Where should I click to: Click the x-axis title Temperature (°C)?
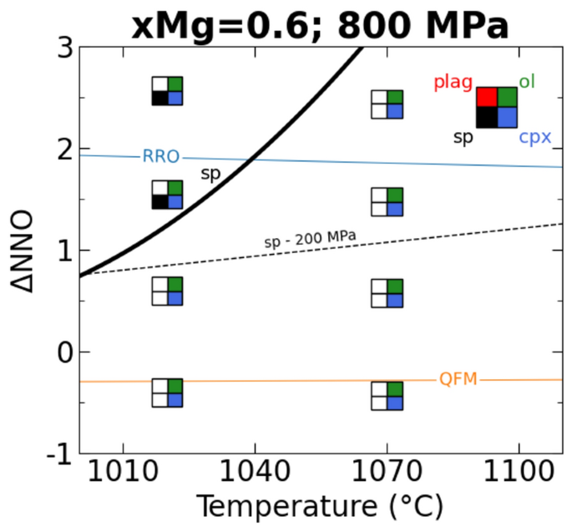coord(320,506)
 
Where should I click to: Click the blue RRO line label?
coord(160,156)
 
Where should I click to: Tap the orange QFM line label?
coord(458,380)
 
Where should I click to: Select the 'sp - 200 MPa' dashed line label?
coord(310,240)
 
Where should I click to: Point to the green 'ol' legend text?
coord(527,81)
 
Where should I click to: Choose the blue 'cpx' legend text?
coord(534,136)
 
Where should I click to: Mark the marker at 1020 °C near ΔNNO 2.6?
coord(167,91)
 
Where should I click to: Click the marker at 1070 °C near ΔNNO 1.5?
coord(387,202)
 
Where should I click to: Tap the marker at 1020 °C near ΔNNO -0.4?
coord(167,393)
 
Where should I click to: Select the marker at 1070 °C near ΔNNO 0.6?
coord(387,293)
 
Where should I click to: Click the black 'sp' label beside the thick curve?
coord(210,173)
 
